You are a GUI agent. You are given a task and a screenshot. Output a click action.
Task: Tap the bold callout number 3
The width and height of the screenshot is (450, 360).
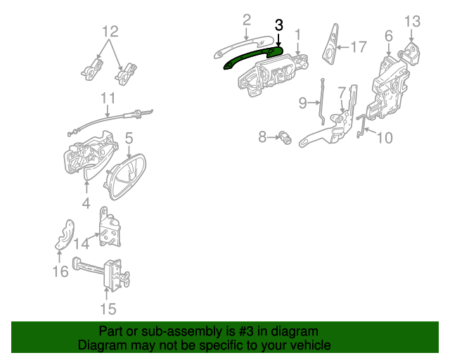click(x=279, y=25)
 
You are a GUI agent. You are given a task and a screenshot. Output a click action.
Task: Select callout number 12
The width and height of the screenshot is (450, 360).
click(x=110, y=32)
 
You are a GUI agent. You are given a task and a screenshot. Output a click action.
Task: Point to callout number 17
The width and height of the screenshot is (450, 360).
click(x=359, y=47)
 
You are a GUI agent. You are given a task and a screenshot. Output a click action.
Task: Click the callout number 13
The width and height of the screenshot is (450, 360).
click(x=413, y=21)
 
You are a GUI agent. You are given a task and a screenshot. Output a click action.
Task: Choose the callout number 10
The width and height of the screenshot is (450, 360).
click(x=385, y=138)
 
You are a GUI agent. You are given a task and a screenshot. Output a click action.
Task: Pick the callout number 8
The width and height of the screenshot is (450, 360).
click(x=262, y=137)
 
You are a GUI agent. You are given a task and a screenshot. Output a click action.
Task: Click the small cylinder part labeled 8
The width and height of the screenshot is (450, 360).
click(x=285, y=138)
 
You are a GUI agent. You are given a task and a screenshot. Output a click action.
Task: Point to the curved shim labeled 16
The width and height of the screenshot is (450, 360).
click(x=65, y=235)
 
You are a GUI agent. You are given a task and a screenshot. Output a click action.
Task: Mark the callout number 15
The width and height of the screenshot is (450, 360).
click(x=108, y=309)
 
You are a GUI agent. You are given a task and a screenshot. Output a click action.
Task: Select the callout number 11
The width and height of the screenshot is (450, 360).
click(x=108, y=98)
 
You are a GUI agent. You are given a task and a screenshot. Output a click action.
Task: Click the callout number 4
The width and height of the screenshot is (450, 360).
click(x=86, y=203)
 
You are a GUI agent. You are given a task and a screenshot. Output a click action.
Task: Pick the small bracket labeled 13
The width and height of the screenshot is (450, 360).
click(x=409, y=54)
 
